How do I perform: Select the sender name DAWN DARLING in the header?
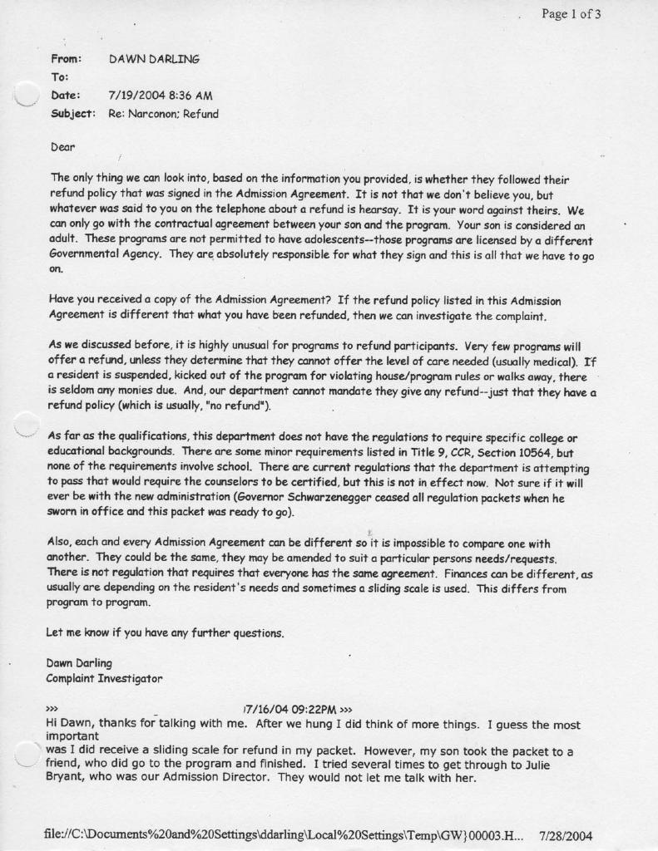coord(154,59)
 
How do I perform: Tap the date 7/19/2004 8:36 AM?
coord(155,96)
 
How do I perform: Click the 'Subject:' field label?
coord(73,114)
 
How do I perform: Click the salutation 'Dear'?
coord(63,147)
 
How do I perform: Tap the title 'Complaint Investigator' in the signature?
coord(104,678)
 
